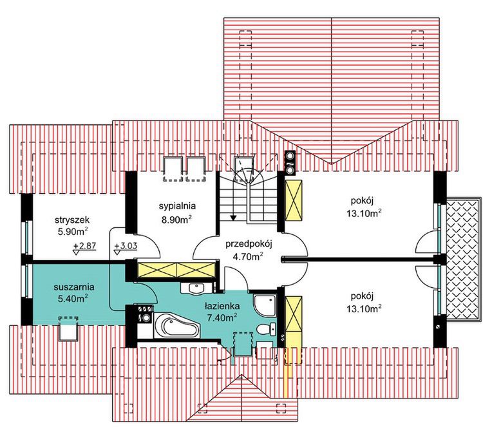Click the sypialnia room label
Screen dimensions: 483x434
point(177,206)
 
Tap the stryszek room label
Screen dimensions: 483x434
point(71,220)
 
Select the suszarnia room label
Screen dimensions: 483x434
point(74,287)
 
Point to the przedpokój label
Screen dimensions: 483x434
point(249,244)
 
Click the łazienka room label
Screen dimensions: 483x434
point(222,306)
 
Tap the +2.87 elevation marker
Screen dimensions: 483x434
point(85,249)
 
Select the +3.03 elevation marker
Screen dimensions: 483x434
point(125,249)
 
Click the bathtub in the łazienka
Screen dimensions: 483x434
point(177,326)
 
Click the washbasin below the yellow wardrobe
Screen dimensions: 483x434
point(196,288)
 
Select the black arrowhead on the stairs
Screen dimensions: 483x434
point(233,218)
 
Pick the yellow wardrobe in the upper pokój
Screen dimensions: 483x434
point(294,200)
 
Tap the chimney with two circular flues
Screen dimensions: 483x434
point(290,163)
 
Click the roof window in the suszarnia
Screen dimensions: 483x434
point(68,328)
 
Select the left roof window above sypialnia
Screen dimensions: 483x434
point(173,169)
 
